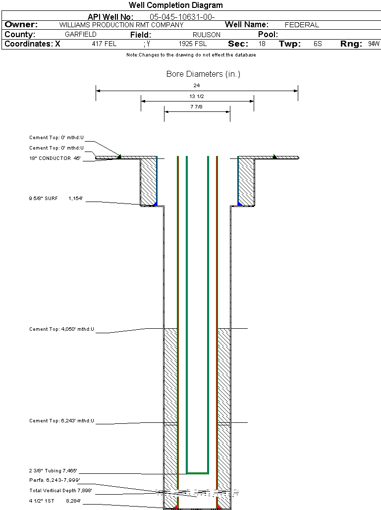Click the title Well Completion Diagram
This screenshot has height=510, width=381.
176,5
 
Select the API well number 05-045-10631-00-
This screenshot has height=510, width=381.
182,17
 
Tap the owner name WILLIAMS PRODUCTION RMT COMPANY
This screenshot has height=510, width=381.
121,25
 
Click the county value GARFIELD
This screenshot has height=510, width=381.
81,34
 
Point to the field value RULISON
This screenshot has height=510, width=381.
206,35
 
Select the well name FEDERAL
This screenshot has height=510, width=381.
302,25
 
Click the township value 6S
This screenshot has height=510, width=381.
318,44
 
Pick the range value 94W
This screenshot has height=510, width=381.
374,44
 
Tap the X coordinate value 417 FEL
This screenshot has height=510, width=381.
104,44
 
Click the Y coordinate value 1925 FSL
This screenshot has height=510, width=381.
193,44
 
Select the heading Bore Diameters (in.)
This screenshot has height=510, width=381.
203,74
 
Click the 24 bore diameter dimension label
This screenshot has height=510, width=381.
197,86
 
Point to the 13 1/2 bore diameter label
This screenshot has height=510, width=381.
197,96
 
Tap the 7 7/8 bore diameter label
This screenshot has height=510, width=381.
197,106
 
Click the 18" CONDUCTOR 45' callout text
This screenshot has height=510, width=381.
55,158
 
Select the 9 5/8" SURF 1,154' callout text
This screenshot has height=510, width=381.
55,199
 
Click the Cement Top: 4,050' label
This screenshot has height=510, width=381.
61,329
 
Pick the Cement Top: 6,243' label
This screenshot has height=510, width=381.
61,421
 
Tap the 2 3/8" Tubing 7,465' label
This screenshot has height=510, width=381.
53,471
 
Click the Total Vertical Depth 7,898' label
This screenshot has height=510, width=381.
60,491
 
